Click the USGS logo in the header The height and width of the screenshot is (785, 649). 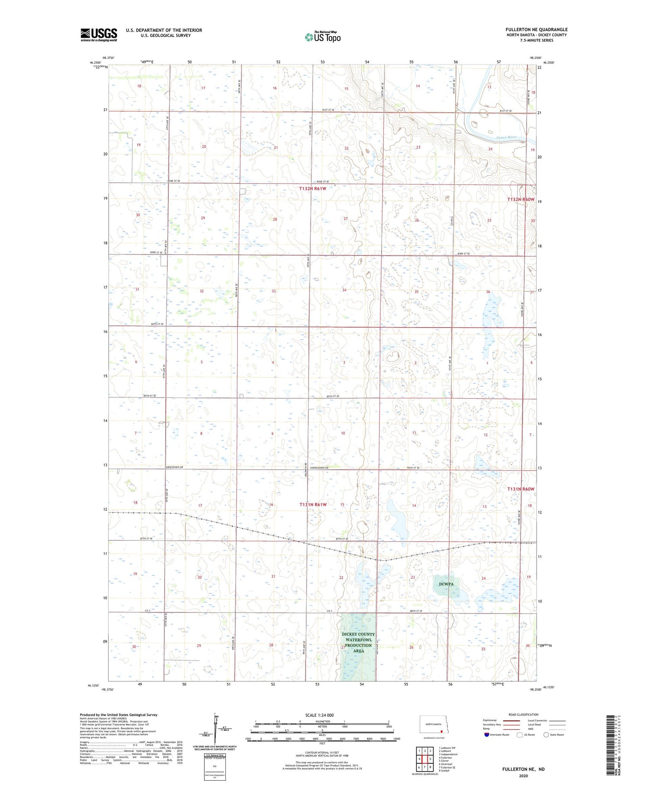(x=99, y=35)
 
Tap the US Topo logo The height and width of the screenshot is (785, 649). (x=322, y=37)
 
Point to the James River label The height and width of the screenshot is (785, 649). (x=506, y=137)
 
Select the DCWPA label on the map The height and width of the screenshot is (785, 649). (x=446, y=584)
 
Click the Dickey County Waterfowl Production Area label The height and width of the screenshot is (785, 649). (x=358, y=642)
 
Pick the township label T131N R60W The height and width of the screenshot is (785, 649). (x=521, y=489)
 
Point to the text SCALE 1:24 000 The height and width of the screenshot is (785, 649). (x=322, y=715)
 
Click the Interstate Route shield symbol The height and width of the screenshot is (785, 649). (x=487, y=735)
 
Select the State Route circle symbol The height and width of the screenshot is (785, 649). (x=546, y=735)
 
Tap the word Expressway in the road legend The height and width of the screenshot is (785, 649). (x=490, y=720)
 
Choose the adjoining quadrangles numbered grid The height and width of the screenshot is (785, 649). (x=424, y=756)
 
